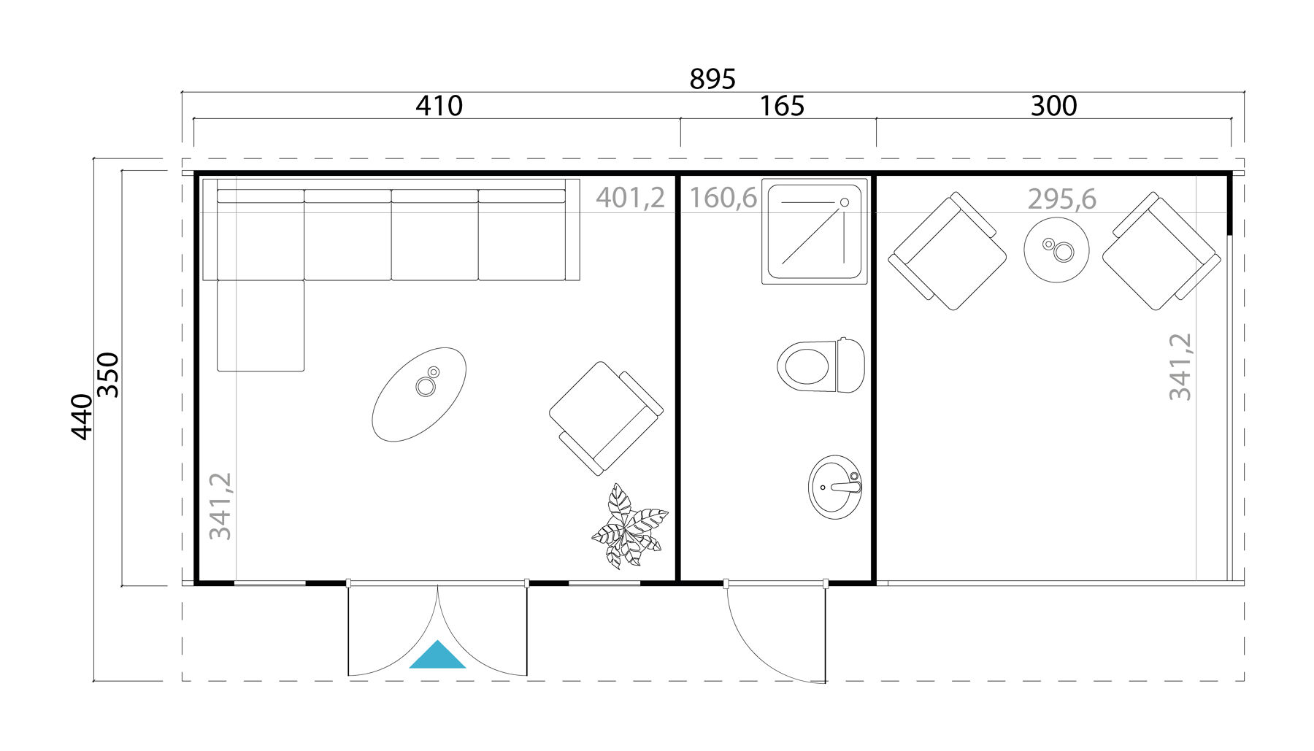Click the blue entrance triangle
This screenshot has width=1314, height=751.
click(437, 656)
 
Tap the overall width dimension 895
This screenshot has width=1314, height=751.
click(712, 79)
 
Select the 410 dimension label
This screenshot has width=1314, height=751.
click(439, 107)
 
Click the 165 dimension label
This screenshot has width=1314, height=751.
click(781, 107)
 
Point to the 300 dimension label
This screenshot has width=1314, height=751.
click(1053, 107)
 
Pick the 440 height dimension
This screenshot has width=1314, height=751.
click(82, 417)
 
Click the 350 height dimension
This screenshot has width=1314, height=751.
click(108, 374)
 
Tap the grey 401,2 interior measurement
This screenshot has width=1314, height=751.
click(630, 198)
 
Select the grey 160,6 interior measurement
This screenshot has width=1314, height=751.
click(723, 198)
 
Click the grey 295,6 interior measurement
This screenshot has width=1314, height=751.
click(1061, 199)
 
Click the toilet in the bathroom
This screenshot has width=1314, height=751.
click(821, 365)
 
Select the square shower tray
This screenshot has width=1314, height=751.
click(815, 231)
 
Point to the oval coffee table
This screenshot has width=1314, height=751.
click(419, 394)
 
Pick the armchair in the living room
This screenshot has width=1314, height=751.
click(605, 418)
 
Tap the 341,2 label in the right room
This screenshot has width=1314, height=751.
click(1180, 366)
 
